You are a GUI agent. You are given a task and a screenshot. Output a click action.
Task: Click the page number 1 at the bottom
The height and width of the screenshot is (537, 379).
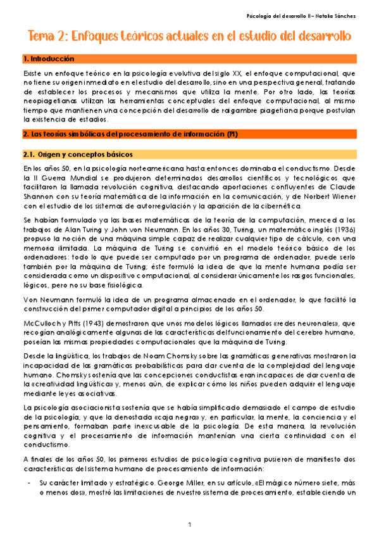(x=189, y=525)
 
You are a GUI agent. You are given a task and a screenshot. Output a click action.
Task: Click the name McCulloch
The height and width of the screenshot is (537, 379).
(x=40, y=322)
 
